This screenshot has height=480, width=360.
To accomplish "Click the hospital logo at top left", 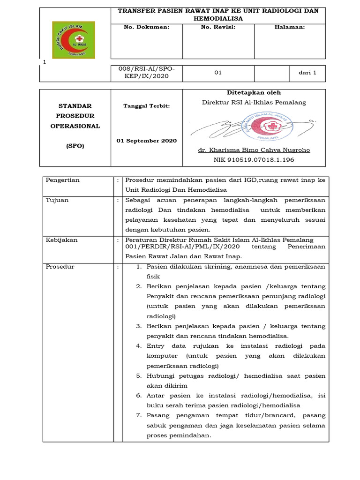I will (x=73, y=40).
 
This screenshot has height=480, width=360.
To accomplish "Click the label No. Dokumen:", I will (x=146, y=27).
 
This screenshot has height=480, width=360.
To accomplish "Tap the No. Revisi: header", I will (x=217, y=27).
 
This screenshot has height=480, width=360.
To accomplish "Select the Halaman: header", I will (x=289, y=27).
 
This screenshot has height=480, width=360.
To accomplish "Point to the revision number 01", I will (x=217, y=73).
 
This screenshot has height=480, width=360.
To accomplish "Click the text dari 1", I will (x=307, y=73).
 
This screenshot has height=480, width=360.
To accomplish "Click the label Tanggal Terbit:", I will (x=146, y=106).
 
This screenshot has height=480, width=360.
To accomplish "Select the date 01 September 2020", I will (x=146, y=141).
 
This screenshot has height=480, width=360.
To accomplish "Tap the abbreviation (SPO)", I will (x=75, y=146).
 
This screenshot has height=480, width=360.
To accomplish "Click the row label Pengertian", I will (x=63, y=180).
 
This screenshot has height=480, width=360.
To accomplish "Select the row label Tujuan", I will (x=57, y=200).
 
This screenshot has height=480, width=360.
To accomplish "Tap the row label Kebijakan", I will (x=61, y=240).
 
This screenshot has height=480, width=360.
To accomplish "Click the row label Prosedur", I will (x=60, y=267).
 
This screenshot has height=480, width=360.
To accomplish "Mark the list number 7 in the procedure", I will (x=139, y=415).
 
